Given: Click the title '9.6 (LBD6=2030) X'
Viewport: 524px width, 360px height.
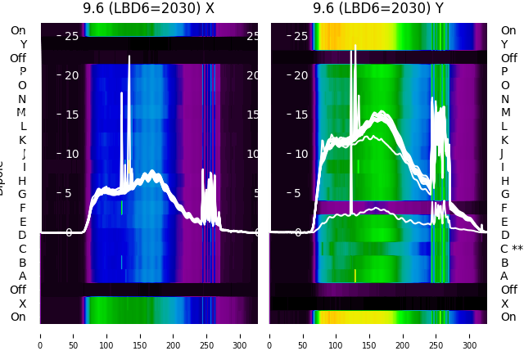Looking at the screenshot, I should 148,8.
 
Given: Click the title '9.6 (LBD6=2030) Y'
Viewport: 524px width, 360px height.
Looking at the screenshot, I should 378,8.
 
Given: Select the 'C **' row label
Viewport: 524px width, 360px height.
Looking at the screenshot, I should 511,249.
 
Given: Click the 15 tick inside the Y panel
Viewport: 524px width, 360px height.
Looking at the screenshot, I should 300,115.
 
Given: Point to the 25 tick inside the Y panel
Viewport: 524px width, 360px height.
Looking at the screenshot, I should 300,36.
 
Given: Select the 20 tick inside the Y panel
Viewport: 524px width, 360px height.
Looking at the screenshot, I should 300,75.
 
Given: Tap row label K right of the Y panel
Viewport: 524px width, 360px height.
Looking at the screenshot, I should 504,140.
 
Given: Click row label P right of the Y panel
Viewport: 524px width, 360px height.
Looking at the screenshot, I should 504,72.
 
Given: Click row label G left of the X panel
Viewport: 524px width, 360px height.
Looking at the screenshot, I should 23,194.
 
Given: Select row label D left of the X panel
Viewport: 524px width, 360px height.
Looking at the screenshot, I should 23,235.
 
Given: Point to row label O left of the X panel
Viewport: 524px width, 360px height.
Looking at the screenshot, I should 23,85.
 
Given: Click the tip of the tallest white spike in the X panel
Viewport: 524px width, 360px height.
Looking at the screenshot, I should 129,56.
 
